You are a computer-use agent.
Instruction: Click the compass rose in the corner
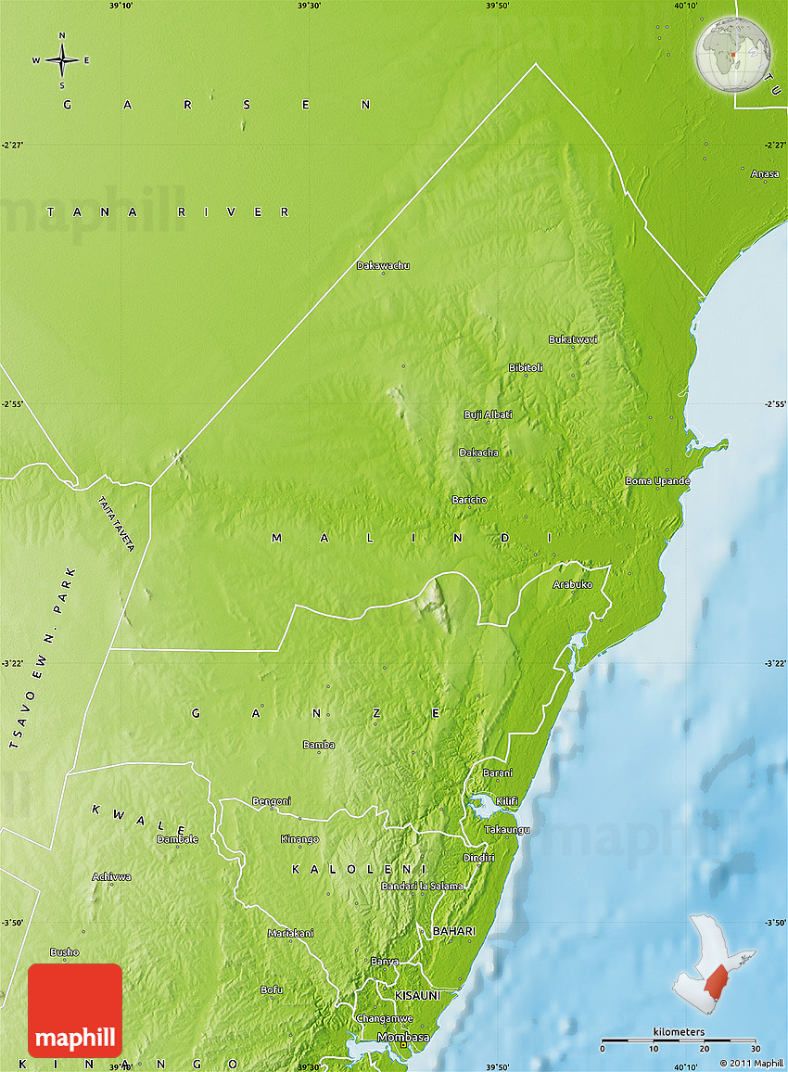tap(62, 60)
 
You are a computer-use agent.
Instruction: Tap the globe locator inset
tap(733, 56)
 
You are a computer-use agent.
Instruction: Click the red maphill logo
tap(75, 1010)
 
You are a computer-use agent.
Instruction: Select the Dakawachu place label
tap(383, 266)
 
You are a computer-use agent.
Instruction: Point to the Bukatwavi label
tap(573, 339)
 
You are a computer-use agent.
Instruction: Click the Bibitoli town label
tap(526, 368)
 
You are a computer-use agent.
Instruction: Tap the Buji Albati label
tap(488, 415)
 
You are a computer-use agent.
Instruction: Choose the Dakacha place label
tap(478, 453)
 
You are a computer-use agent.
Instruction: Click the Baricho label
tap(469, 500)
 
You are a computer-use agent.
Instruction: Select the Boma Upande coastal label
tap(657, 481)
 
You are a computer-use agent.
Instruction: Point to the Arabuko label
tap(572, 585)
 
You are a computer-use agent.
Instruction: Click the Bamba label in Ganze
tap(319, 745)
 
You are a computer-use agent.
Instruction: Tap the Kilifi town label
tap(507, 801)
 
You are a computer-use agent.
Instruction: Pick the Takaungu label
tap(507, 829)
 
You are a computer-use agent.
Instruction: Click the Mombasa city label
tap(403, 1037)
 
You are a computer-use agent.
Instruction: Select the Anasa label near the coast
tap(765, 173)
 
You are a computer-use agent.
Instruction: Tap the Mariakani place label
tap(290, 933)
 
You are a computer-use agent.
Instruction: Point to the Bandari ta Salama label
tap(422, 887)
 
